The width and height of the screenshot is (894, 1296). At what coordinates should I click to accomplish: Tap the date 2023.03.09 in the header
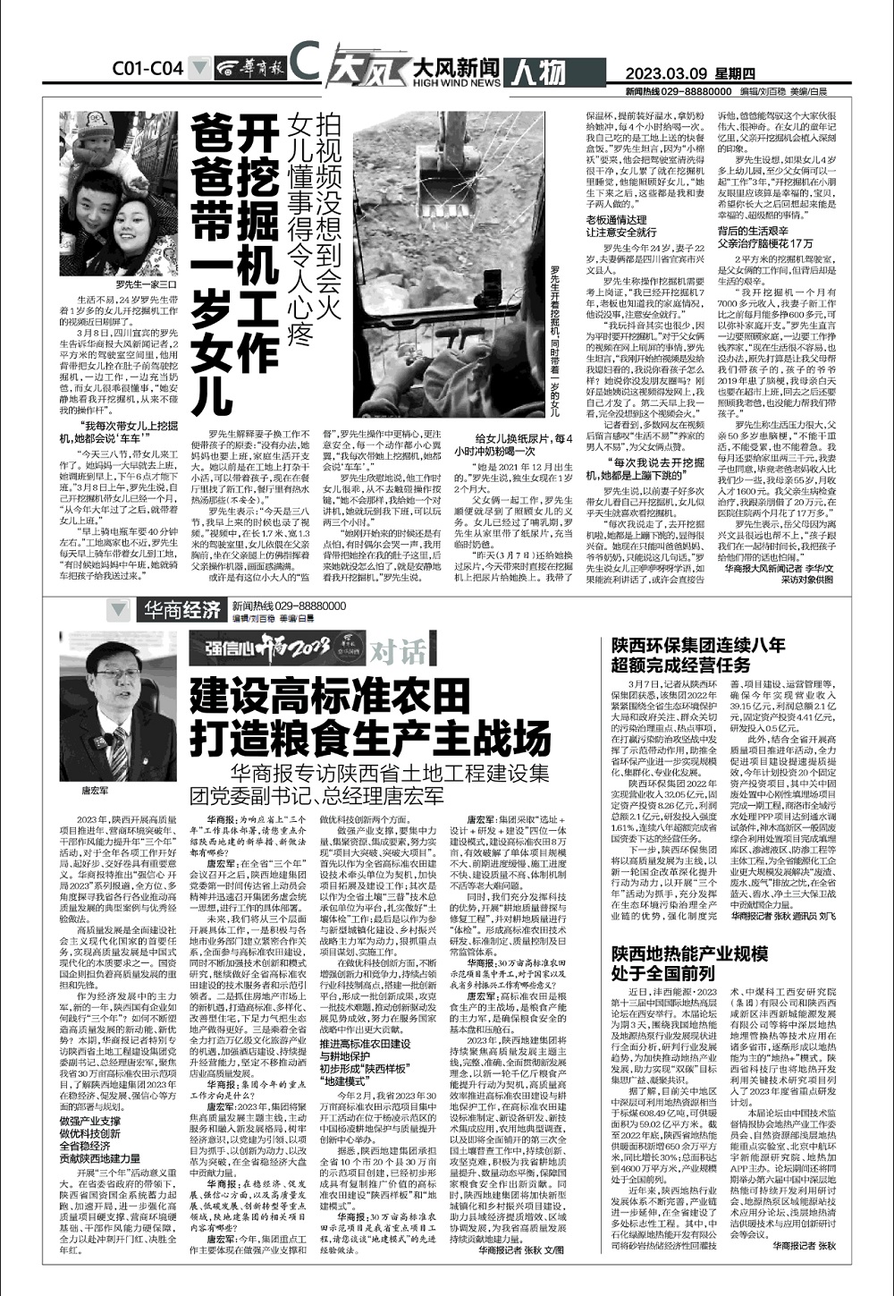tap(679, 73)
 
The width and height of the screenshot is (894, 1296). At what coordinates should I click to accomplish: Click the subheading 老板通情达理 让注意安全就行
tap(616, 225)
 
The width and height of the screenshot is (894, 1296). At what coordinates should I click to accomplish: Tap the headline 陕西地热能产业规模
tap(689, 954)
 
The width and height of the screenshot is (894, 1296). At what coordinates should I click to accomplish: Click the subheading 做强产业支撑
tap(90, 1120)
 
